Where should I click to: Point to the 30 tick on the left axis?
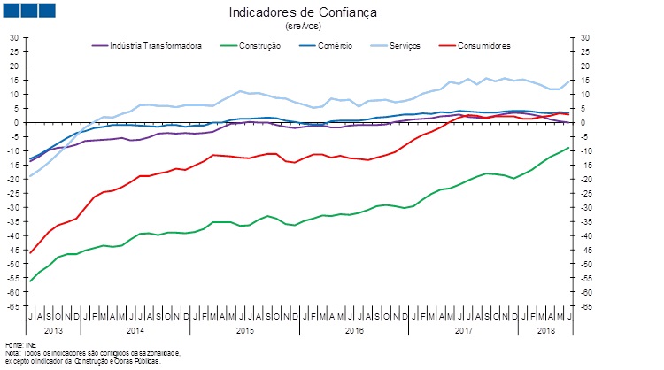(x=14, y=37)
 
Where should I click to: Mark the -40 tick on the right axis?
(x=586, y=235)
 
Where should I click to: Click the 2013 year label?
(x=53, y=330)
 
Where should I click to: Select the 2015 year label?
(x=243, y=330)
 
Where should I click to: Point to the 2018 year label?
(x=547, y=330)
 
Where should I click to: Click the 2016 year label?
(x=353, y=330)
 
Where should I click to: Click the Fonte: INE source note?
(x=19, y=343)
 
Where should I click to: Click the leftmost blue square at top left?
(x=13, y=11)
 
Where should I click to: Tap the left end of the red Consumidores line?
(x=30, y=253)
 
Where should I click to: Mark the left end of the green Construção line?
(x=30, y=281)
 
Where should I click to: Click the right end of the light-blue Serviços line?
(x=569, y=81)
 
